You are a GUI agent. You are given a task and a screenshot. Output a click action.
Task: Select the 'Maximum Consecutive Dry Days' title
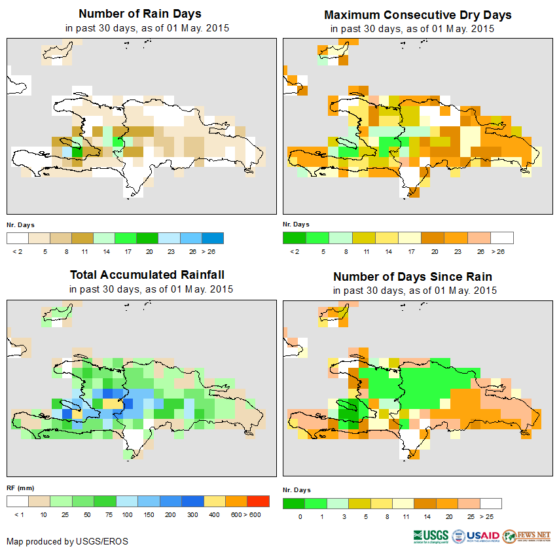tap(418, 14)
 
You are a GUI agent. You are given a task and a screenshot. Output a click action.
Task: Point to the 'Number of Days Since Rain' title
tap(412, 276)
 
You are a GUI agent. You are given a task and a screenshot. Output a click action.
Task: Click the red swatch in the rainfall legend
tap(259, 501)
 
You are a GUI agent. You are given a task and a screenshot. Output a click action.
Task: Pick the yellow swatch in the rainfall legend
tap(214, 501)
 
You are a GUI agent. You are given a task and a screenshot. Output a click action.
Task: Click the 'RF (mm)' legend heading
tap(20, 488)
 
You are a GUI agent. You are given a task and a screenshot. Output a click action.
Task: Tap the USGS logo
tap(431, 537)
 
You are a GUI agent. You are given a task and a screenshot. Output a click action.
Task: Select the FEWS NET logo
tap(527, 537)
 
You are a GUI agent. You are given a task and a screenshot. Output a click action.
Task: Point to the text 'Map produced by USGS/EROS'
tap(67, 541)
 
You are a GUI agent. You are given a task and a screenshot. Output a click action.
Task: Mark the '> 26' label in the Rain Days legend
tap(213, 251)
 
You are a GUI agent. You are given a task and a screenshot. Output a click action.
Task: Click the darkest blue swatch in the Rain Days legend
tap(213, 238)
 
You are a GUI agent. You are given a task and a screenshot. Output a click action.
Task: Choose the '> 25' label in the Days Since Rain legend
tap(491, 516)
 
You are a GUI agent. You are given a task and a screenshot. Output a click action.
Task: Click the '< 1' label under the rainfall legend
tap(18, 515)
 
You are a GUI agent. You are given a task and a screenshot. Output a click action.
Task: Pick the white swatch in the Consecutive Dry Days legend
tap(502, 238)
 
